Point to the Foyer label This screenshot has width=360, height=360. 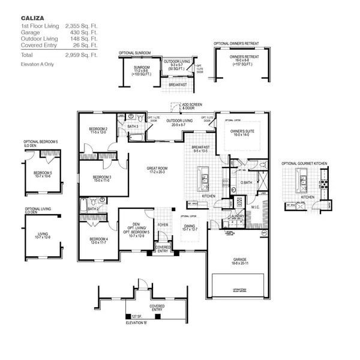163,226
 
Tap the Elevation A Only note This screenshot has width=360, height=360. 37,64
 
